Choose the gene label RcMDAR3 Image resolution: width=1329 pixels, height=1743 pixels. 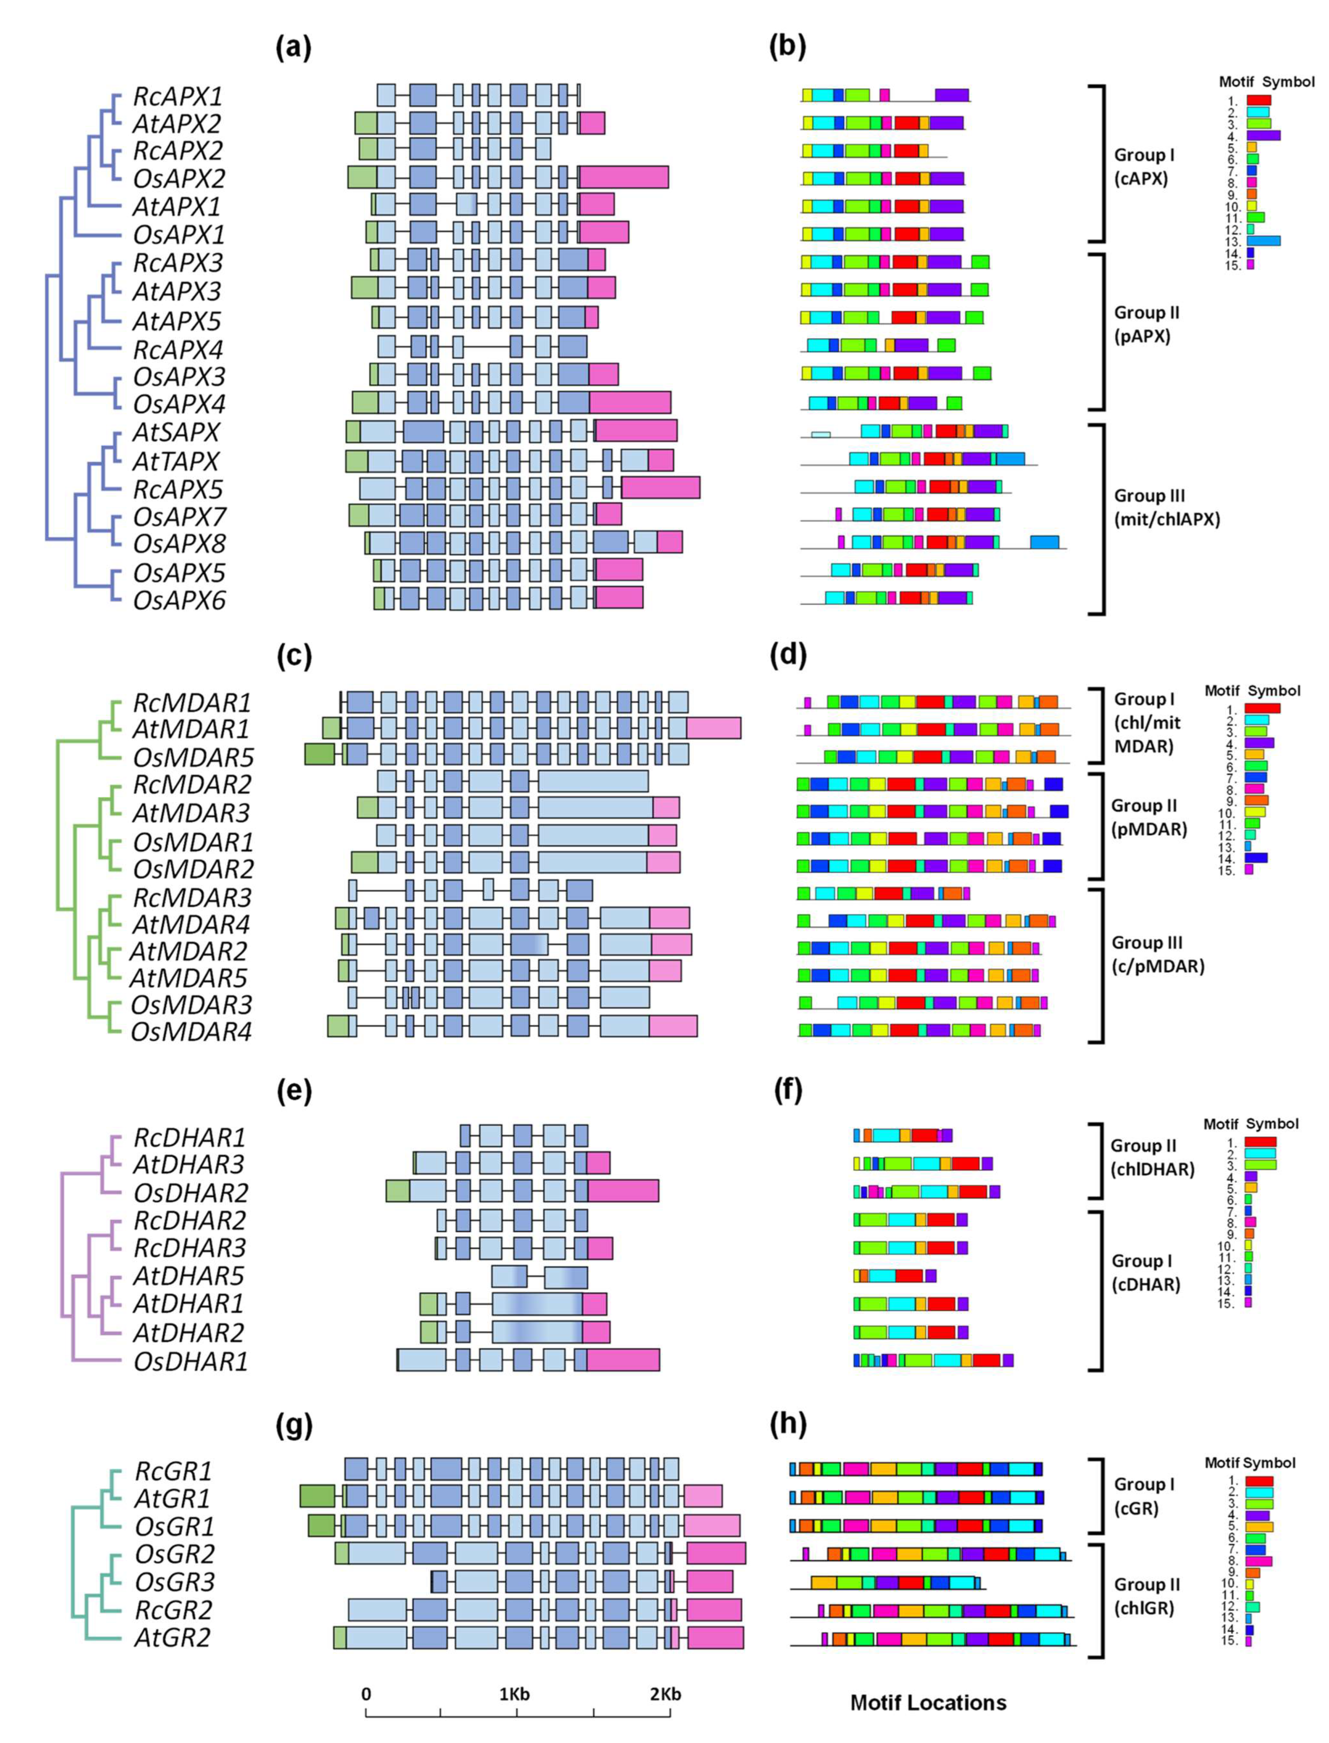pyautogui.click(x=192, y=897)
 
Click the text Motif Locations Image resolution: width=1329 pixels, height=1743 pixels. pyautogui.click(x=928, y=1703)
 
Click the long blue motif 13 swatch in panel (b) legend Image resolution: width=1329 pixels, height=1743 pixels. pyautogui.click(x=1263, y=240)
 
